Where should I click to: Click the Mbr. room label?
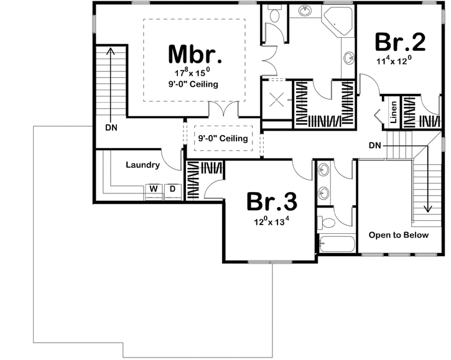coord(195,55)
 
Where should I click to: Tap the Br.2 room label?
coord(400,42)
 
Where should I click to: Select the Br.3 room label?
coord(271,201)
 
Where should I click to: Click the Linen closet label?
coord(394,111)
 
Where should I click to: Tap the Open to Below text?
coord(398,235)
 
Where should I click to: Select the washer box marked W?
coord(152,188)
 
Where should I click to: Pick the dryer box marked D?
coord(172,188)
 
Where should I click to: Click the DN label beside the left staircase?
coord(112,127)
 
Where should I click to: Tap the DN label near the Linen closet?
coord(374,145)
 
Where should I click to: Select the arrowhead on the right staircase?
coord(428,210)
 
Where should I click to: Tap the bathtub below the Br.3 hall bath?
coord(337,244)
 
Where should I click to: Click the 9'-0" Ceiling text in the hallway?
coord(222,139)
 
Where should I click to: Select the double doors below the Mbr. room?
coord(222,109)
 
